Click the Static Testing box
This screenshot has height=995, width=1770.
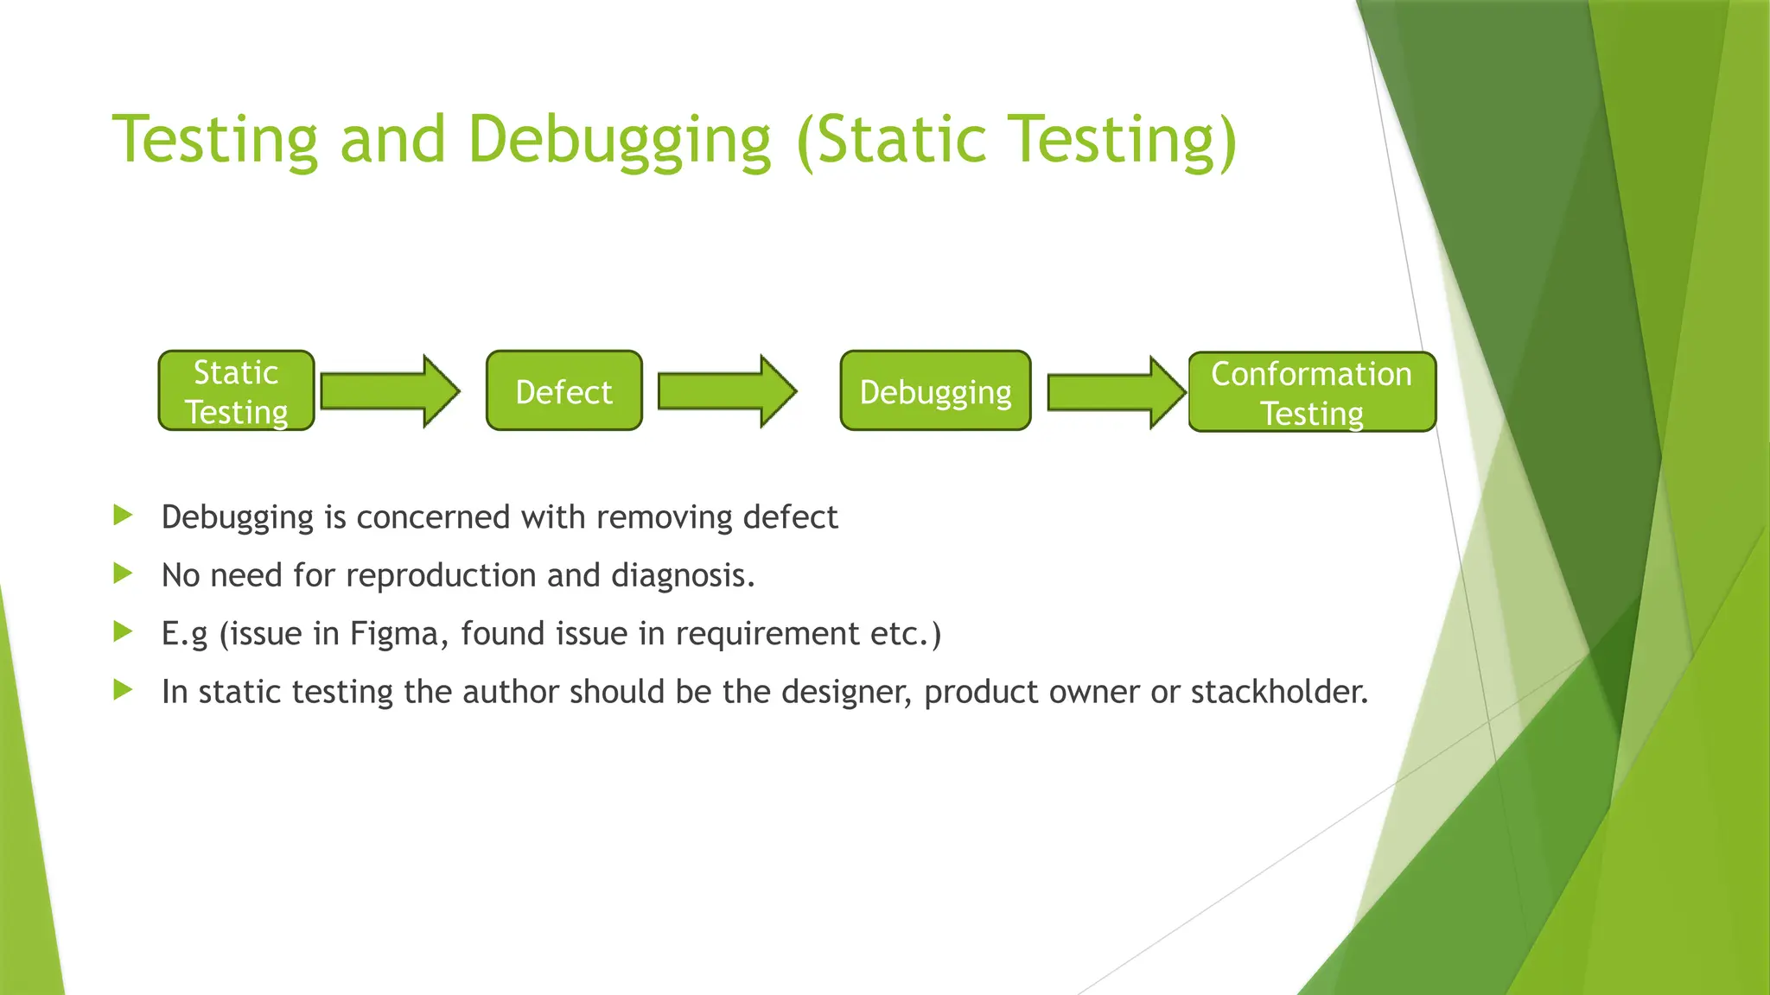pyautogui.click(x=236, y=391)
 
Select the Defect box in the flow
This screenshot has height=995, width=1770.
pyautogui.click(x=563, y=391)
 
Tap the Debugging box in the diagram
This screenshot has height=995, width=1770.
pyautogui.click(x=935, y=391)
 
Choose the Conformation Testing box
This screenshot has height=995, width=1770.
pyautogui.click(x=1311, y=392)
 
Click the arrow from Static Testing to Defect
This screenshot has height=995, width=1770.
pyautogui.click(x=389, y=391)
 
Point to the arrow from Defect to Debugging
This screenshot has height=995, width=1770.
pyautogui.click(x=726, y=391)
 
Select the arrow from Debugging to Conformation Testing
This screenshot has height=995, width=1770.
pyautogui.click(x=1115, y=392)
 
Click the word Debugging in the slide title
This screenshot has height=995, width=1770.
pyautogui.click(x=619, y=140)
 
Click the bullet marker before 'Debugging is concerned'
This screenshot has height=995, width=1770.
pyautogui.click(x=123, y=516)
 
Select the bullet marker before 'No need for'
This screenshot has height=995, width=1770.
pyautogui.click(x=123, y=574)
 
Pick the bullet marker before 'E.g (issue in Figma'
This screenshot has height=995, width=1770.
pyautogui.click(x=123, y=632)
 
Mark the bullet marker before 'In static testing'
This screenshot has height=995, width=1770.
pyautogui.click(x=123, y=690)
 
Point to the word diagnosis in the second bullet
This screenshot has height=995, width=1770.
pyautogui.click(x=683, y=575)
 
